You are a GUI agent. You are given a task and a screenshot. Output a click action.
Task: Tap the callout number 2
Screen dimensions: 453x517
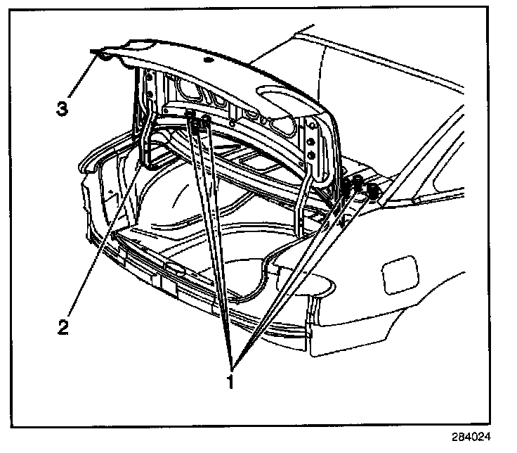(63, 328)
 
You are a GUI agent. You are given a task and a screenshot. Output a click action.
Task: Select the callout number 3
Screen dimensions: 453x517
(63, 108)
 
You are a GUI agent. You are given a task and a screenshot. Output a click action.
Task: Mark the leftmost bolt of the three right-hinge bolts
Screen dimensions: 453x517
(346, 188)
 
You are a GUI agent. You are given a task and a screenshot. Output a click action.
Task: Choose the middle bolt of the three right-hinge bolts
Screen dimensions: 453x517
(358, 184)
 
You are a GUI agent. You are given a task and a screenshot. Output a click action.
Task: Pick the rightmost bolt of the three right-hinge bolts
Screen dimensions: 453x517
(371, 190)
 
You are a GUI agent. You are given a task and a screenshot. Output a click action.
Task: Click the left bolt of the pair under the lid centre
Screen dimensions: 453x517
(191, 115)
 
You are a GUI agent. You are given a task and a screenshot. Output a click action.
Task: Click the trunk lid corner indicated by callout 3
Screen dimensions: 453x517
(103, 55)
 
